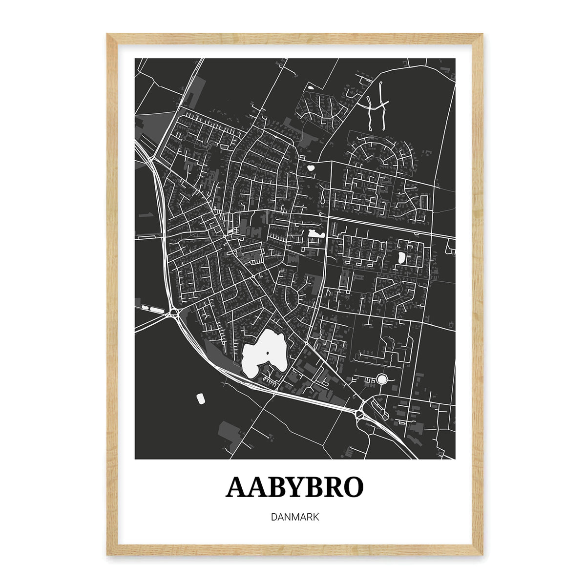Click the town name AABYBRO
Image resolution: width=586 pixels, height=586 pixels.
(x=294, y=487)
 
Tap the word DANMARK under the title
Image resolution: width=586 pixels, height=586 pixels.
(x=294, y=517)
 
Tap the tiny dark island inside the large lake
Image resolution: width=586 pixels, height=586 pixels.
(x=268, y=353)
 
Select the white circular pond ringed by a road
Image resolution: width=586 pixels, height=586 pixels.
(x=381, y=379)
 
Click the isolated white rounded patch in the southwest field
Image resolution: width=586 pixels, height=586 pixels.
(x=201, y=398)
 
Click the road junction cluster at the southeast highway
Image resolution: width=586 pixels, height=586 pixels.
(x=361, y=413)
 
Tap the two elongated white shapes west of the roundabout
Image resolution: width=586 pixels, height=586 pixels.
(x=152, y=309)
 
